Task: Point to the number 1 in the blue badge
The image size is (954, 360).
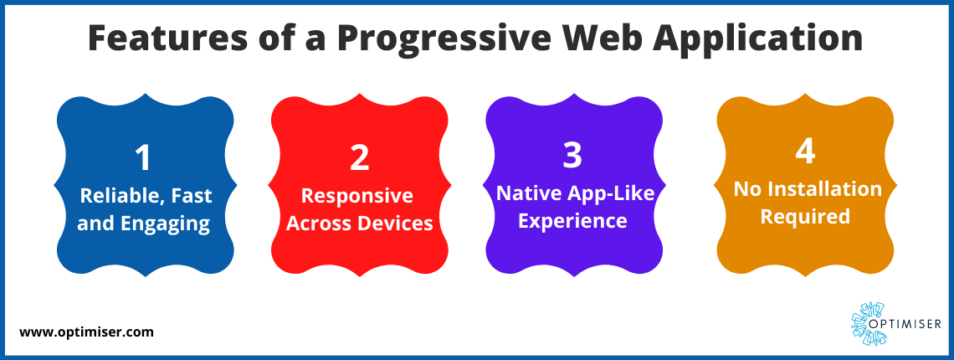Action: tap(144, 157)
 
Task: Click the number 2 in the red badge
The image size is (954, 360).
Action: tap(360, 157)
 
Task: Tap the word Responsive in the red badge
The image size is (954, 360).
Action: tap(358, 196)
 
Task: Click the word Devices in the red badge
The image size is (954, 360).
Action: tap(396, 223)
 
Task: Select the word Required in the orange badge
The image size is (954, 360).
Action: tap(805, 217)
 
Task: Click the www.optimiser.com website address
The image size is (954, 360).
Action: tap(86, 332)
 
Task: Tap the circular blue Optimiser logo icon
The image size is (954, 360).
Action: tap(866, 323)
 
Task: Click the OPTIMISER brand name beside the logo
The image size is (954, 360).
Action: tap(911, 324)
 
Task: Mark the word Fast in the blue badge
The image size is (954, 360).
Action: tap(192, 196)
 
